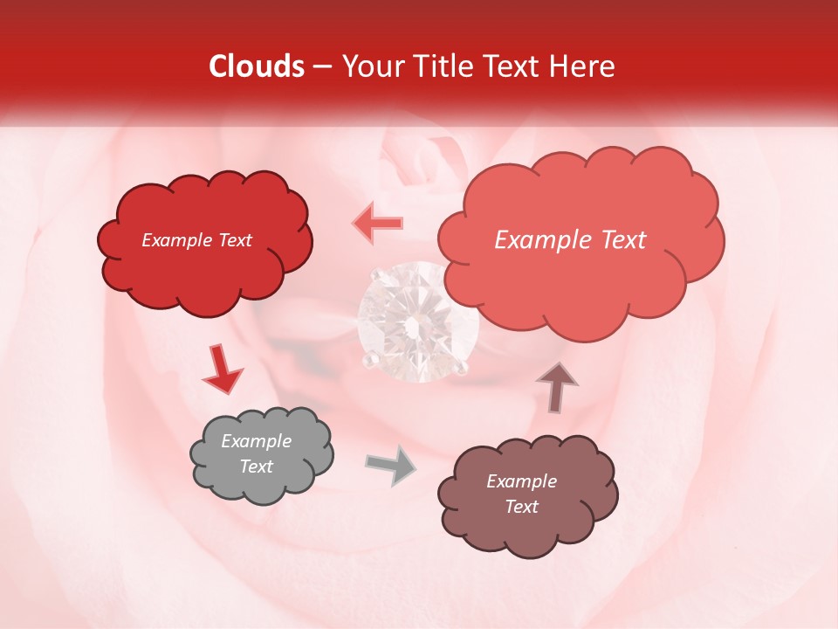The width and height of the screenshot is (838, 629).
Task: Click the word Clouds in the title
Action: pyautogui.click(x=257, y=66)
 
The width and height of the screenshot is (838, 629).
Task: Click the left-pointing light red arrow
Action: pyautogui.click(x=377, y=223)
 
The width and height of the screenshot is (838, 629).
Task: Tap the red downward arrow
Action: pyautogui.click(x=223, y=370)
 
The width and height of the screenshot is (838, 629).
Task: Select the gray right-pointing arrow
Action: pyautogui.click(x=390, y=465)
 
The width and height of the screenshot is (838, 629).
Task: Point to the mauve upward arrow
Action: pyautogui.click(x=556, y=386)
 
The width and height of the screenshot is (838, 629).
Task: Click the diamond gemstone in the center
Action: pyautogui.click(x=418, y=321)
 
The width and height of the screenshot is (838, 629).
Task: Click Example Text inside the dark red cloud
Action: pyautogui.click(x=196, y=240)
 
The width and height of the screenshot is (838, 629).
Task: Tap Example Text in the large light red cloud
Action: pyautogui.click(x=570, y=240)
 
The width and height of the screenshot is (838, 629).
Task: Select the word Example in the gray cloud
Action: pyautogui.click(x=256, y=441)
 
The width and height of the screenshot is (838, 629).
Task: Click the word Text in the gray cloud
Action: pyautogui.click(x=256, y=467)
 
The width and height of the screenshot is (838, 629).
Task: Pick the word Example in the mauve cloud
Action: pyautogui.click(x=521, y=481)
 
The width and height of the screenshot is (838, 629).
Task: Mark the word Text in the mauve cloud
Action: pyautogui.click(x=521, y=507)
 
